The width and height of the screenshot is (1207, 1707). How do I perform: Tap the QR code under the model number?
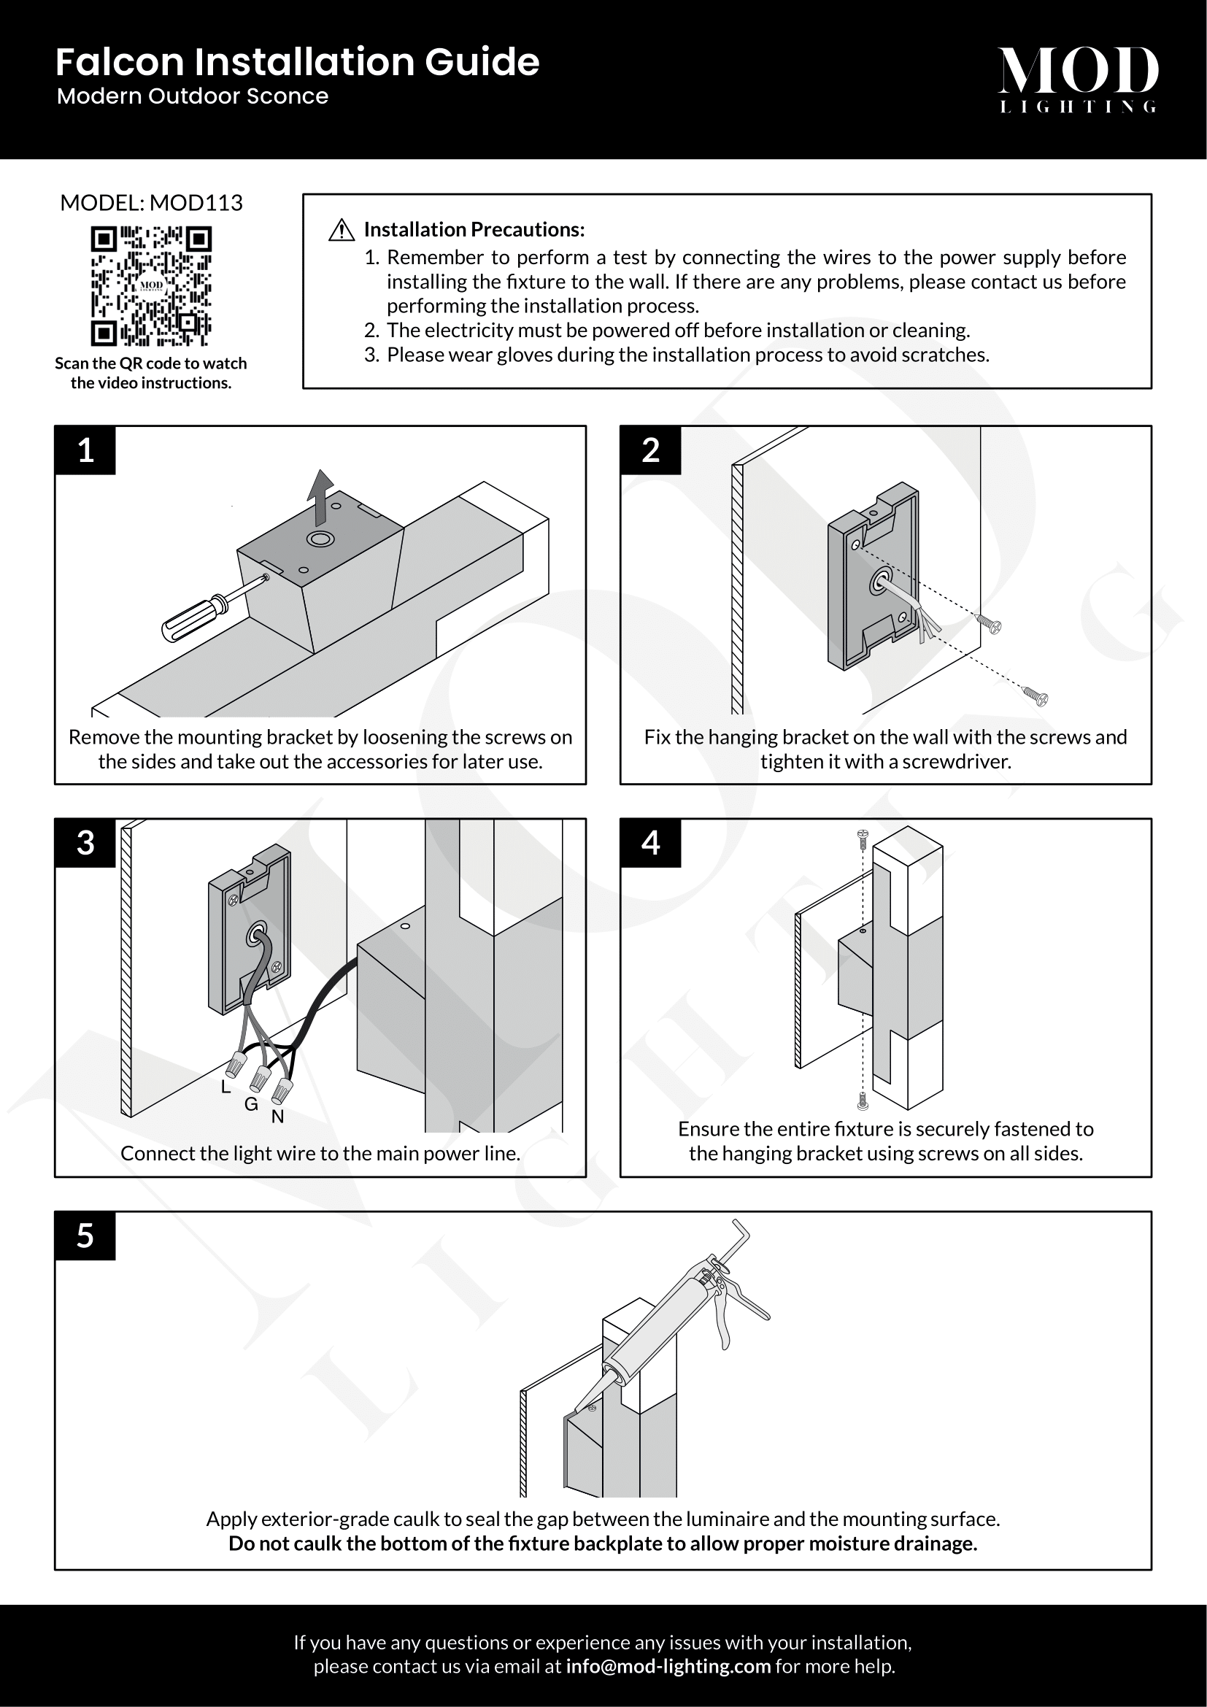point(151,286)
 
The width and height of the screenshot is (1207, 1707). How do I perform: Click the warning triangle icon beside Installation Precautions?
point(341,231)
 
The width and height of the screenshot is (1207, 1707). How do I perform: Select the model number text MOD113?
point(196,203)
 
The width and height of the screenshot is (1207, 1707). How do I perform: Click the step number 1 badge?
point(85,450)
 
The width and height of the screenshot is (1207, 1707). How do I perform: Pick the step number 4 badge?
point(650,843)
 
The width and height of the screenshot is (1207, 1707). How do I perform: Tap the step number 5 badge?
point(85,1236)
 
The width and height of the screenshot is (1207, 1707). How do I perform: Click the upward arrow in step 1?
point(321,495)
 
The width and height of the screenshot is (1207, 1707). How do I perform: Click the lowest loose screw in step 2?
point(1036,697)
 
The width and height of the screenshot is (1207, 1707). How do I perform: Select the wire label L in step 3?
point(226,1087)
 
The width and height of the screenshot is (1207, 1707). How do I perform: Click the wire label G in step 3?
point(251,1105)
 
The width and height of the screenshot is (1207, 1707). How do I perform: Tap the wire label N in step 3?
point(277,1117)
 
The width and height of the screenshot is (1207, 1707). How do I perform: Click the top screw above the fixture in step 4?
point(862,839)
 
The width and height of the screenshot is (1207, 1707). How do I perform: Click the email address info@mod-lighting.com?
point(668,1666)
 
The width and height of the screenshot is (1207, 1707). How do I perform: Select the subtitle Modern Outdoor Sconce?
point(193,96)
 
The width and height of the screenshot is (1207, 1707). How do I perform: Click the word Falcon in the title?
point(119,63)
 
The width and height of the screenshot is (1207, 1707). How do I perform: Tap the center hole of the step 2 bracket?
point(880,583)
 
